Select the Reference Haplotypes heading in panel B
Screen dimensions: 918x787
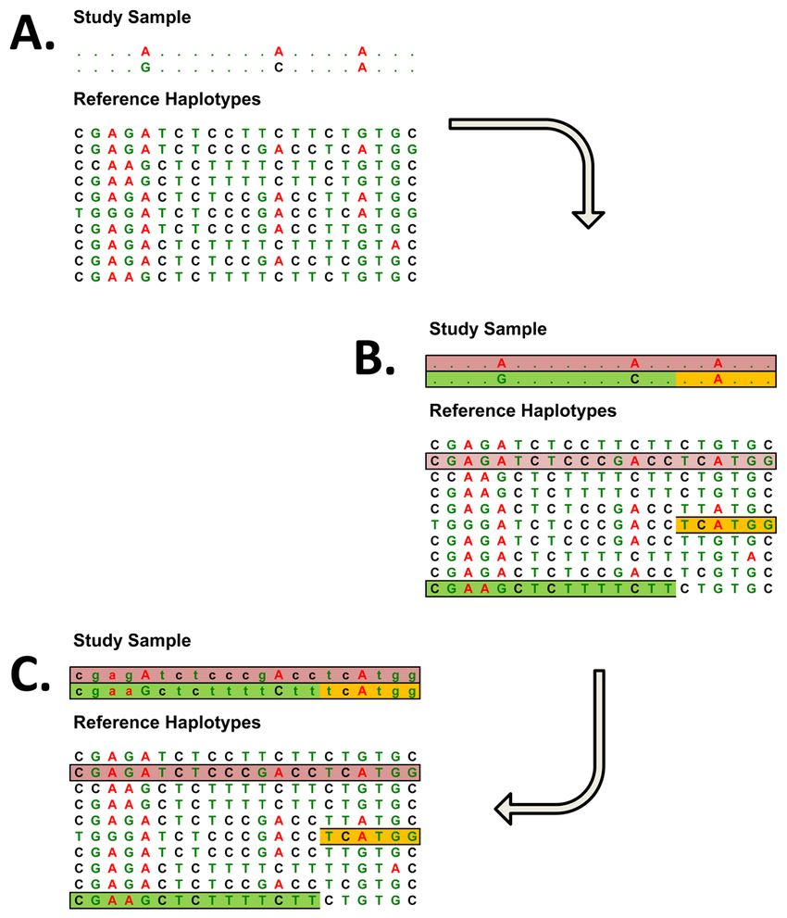point(522,410)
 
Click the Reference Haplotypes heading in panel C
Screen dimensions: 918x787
point(167,722)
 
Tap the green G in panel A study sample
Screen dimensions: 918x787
point(144,68)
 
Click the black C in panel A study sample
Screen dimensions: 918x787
point(278,68)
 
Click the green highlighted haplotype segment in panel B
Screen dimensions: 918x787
point(550,588)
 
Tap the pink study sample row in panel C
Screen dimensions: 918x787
point(244,675)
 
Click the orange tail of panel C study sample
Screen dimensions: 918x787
point(369,692)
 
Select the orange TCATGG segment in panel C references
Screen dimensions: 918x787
point(369,837)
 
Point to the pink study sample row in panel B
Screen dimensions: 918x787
point(600,363)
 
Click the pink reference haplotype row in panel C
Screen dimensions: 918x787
point(244,773)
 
